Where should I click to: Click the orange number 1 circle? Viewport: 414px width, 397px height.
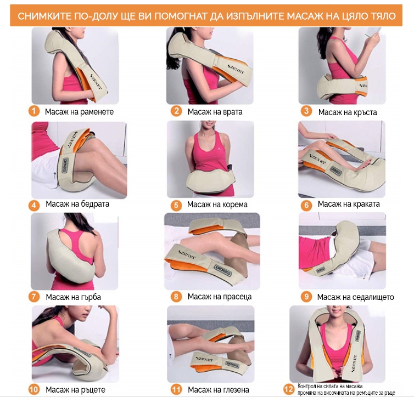(34, 111)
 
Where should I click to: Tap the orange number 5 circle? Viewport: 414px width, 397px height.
(176, 205)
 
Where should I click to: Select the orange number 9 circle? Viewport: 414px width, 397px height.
(306, 297)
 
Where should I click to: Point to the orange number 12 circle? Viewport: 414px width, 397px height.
(289, 389)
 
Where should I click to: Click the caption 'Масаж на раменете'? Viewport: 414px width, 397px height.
(79, 112)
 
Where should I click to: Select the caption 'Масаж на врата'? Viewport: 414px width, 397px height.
(215, 112)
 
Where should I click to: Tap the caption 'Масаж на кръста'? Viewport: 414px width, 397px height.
(348, 112)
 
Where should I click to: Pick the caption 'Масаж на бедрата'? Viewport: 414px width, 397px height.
(77, 204)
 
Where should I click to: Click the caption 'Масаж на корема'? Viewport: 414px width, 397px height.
(217, 205)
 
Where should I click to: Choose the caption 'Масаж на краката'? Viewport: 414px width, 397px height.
(349, 204)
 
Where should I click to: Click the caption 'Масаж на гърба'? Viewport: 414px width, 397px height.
(73, 297)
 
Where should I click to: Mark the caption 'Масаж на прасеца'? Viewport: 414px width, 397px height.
(220, 297)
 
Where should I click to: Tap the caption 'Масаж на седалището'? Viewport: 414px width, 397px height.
(355, 297)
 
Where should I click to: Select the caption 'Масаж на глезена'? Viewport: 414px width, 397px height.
(219, 390)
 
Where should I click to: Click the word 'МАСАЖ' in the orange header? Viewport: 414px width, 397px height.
(305, 16)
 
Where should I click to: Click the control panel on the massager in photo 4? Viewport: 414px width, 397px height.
(65, 166)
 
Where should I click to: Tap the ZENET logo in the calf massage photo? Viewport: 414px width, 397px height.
(187, 254)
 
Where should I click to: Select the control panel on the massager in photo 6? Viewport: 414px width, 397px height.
(335, 171)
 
